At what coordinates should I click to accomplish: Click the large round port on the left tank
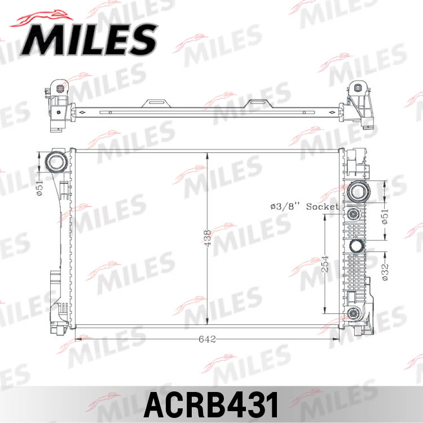(x=56, y=162)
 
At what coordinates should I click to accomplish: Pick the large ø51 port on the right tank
(x=358, y=192)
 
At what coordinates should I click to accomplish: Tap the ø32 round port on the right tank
(x=356, y=247)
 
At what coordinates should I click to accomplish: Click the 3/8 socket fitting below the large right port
(x=354, y=214)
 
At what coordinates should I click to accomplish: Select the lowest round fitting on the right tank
(x=354, y=314)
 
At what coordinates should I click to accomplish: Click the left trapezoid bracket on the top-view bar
(x=156, y=103)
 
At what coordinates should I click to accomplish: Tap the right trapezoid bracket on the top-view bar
(x=259, y=103)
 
